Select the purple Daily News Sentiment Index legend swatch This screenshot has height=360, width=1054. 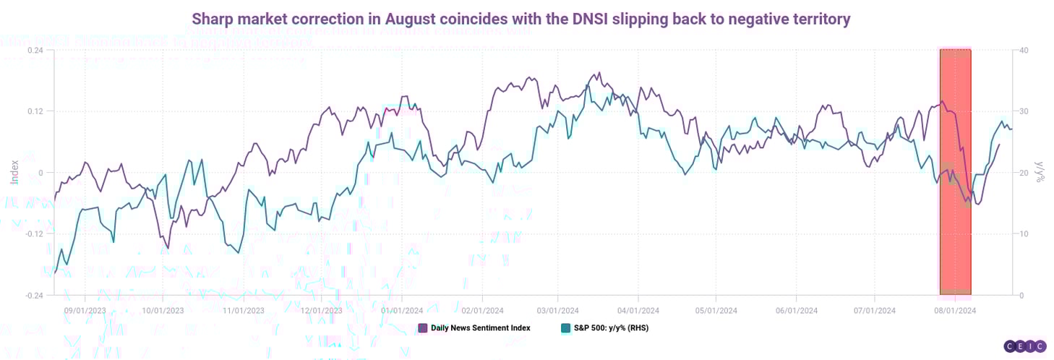click(423, 327)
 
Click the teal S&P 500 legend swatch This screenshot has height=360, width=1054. click(566, 327)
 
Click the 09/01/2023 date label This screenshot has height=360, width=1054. click(85, 310)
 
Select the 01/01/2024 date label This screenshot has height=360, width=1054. click(401, 310)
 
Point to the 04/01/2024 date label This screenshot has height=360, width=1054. click(638, 310)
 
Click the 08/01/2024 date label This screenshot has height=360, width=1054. click(954, 310)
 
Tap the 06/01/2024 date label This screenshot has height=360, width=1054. click(796, 310)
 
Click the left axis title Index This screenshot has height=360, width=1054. click(14, 172)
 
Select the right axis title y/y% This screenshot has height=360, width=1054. click(1041, 172)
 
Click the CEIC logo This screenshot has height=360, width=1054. click(1024, 347)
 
